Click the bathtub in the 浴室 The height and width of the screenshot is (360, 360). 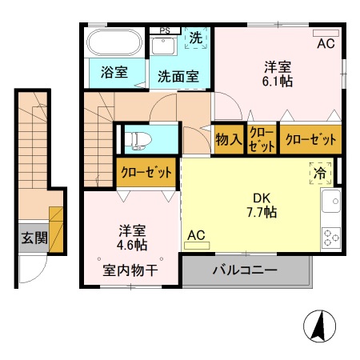point(114,42)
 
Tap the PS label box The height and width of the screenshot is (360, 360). point(165,30)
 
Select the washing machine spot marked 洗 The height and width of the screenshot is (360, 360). point(196,38)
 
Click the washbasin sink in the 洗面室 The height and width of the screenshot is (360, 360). point(163,46)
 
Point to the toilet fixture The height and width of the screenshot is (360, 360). point(138,140)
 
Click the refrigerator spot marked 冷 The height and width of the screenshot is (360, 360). point(320,173)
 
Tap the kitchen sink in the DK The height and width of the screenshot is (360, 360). point(331,201)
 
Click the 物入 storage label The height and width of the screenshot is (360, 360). point(229,139)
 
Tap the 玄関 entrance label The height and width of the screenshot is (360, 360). point(34,238)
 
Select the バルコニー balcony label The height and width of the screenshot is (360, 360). point(245,270)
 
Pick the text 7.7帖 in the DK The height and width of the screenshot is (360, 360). point(262,213)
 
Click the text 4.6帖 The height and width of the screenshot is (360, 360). point(132,245)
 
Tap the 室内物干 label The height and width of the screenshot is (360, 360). point(130,270)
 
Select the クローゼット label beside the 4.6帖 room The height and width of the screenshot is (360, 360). point(146,172)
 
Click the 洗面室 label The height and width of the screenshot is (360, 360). point(178,77)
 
